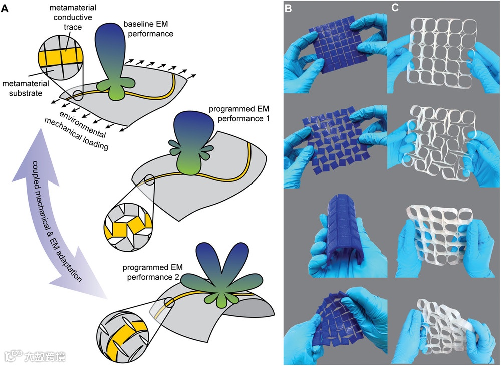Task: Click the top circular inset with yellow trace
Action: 59,63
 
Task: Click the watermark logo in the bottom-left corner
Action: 35,356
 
